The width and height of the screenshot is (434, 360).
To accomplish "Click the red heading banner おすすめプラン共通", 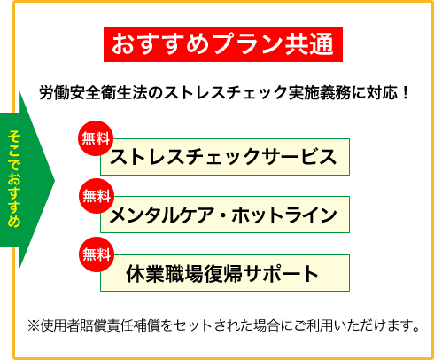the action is click(x=223, y=44).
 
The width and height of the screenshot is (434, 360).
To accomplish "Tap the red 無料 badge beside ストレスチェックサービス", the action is click(x=96, y=138).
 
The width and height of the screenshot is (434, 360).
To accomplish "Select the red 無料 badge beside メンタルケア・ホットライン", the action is click(x=97, y=196).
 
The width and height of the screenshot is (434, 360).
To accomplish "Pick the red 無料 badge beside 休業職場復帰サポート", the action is click(x=97, y=254).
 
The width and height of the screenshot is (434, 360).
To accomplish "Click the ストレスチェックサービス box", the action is click(x=225, y=157).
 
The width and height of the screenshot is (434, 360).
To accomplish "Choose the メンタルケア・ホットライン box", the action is click(x=225, y=215).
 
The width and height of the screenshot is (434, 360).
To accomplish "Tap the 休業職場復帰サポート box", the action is click(x=225, y=273).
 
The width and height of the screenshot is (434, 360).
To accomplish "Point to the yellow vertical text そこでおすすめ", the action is click(x=14, y=178).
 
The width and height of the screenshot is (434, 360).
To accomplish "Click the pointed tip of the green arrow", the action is click(x=55, y=180).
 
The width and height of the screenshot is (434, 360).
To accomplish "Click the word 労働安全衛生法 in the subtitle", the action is click(x=93, y=93).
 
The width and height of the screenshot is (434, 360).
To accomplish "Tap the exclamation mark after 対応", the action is click(x=405, y=93).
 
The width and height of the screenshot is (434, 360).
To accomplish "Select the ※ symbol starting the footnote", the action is click(x=34, y=325).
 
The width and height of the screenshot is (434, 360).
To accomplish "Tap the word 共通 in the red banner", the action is click(x=309, y=44).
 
